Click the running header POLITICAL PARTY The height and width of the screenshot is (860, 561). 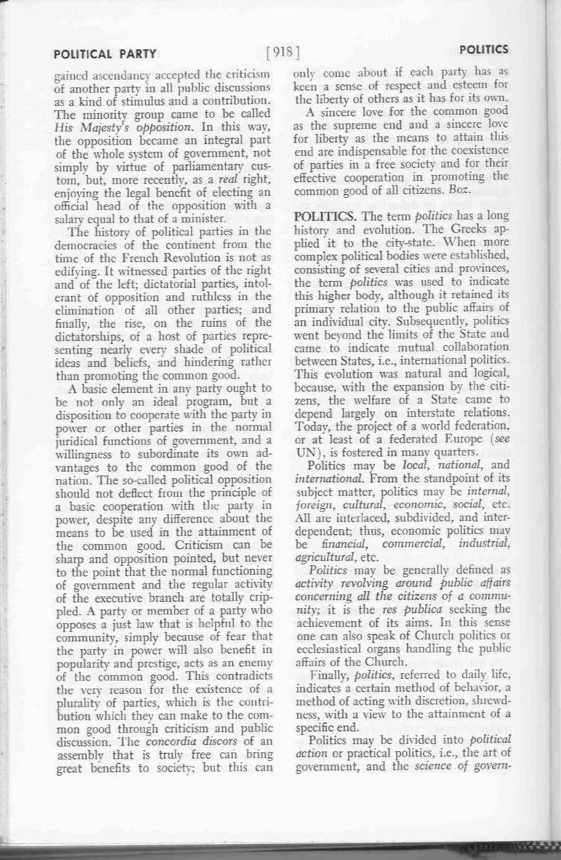pos(105,54)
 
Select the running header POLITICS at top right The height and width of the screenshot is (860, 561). pos(484,49)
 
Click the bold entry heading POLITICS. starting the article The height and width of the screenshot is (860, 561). pos(325,216)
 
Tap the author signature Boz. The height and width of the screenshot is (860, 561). pos(460,190)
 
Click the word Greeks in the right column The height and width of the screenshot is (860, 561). pos(472,229)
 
